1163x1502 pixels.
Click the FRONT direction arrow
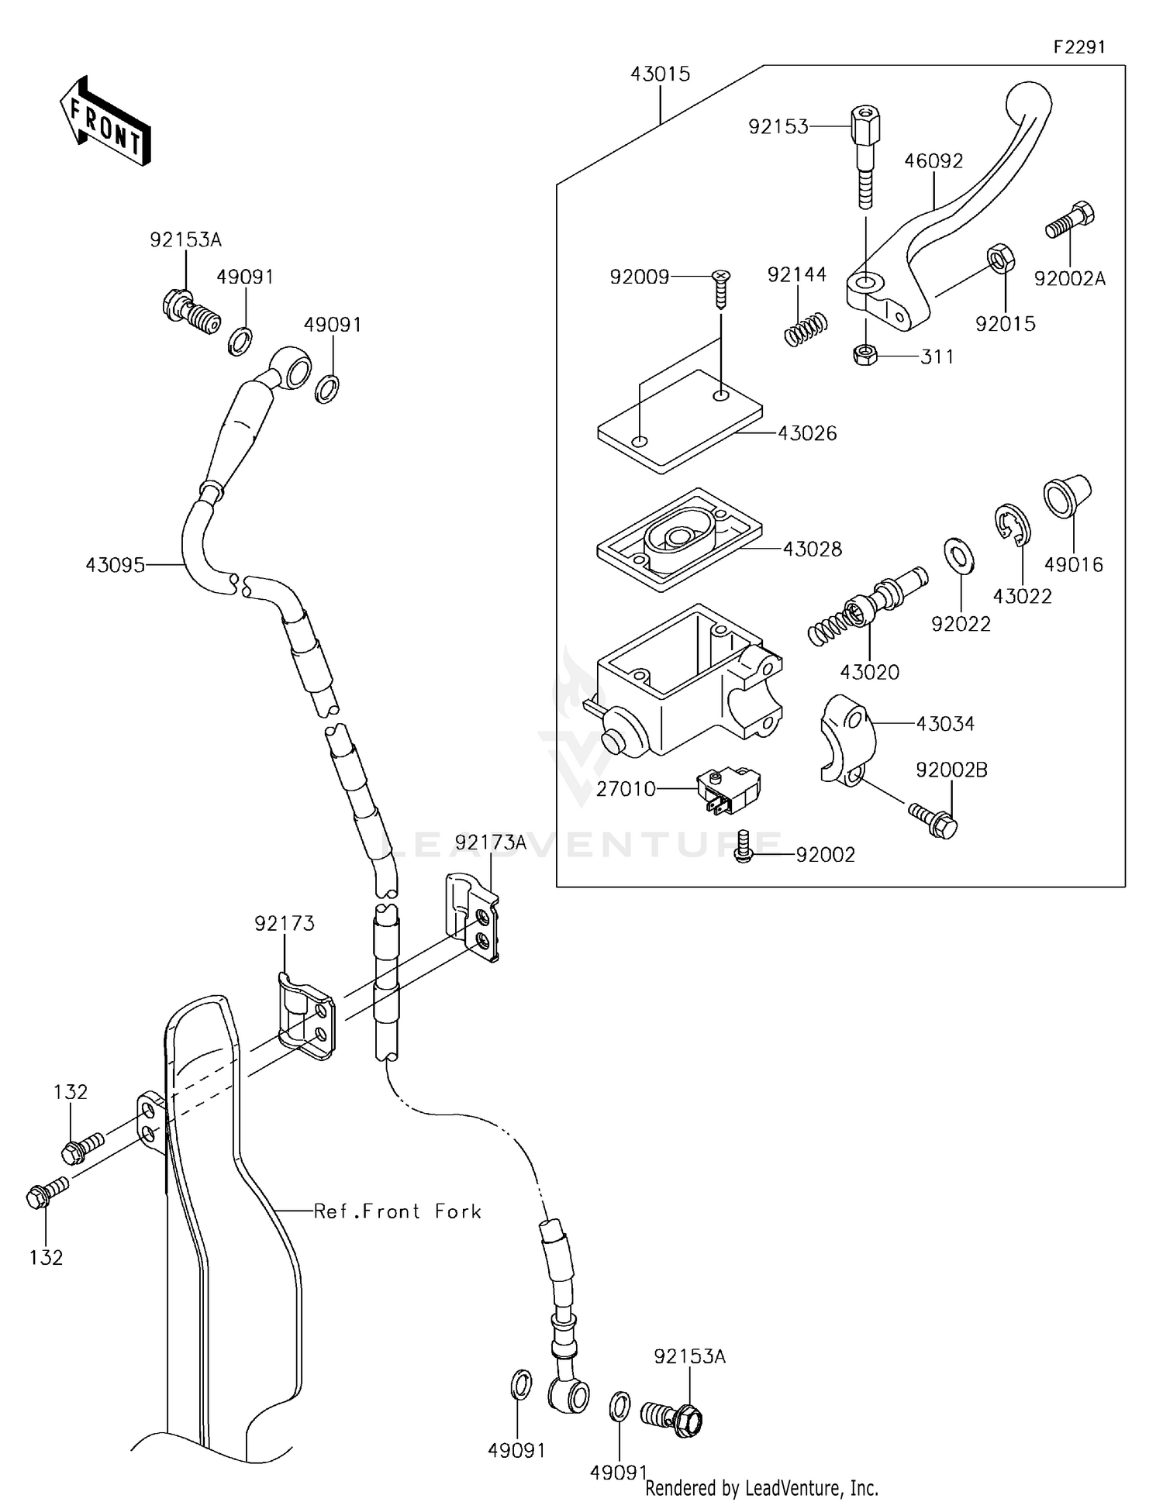(x=105, y=122)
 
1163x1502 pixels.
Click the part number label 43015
(x=660, y=74)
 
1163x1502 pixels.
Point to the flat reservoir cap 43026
(x=680, y=422)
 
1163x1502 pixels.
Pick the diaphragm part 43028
(x=680, y=540)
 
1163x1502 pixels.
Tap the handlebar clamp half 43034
(x=847, y=739)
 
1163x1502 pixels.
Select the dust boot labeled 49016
(x=1067, y=496)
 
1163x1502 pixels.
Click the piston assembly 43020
(x=869, y=605)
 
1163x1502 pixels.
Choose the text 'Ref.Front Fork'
(x=397, y=1211)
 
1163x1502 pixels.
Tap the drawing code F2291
(x=1078, y=47)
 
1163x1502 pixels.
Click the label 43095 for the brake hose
(x=115, y=565)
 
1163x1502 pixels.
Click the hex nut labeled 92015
(x=999, y=258)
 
